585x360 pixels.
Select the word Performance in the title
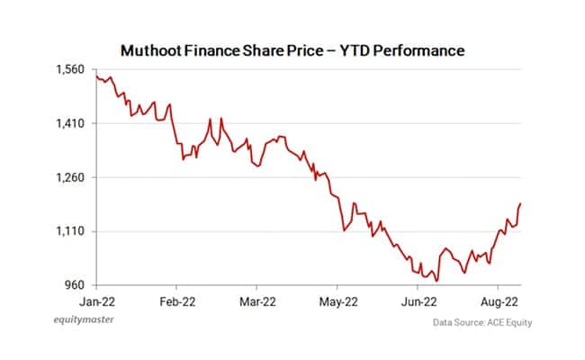(x=420, y=50)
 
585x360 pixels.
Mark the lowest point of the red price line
(x=437, y=282)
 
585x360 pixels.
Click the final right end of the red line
(x=520, y=204)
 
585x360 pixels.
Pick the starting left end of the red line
(x=95, y=76)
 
